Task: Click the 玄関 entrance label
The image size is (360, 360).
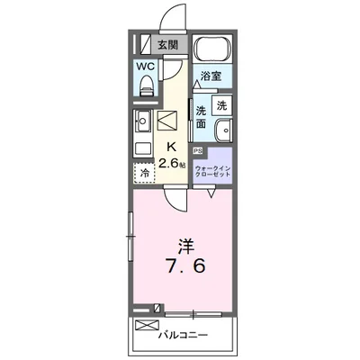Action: tap(167, 45)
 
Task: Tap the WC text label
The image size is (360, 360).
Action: tap(144, 66)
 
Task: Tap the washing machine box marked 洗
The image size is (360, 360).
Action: tap(222, 103)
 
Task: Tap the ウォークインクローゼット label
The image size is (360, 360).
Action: tap(215, 169)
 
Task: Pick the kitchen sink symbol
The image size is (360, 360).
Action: tap(143, 120)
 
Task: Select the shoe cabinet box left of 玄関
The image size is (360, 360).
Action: tap(142, 43)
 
